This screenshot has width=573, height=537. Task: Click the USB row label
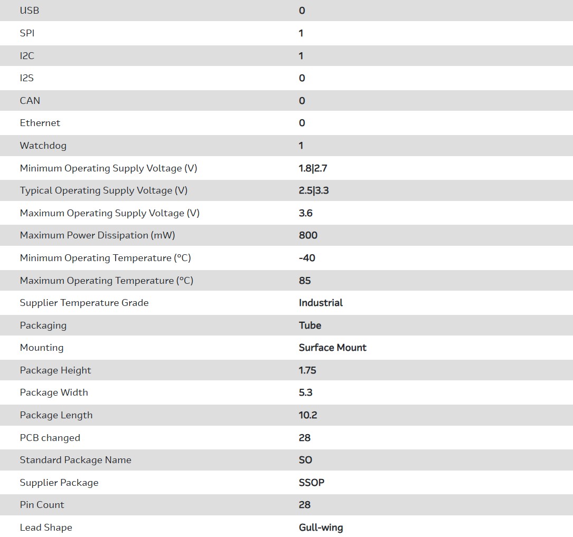pos(30,11)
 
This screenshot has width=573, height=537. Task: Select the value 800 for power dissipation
pos(308,235)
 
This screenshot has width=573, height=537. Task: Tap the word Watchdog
pos(43,146)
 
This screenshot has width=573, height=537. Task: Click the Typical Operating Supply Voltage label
pos(104,190)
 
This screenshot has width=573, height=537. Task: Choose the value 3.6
pos(306,213)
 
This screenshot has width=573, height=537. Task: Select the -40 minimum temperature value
pos(307,258)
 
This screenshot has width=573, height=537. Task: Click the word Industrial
pos(321,303)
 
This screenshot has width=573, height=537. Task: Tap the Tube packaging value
pos(310,325)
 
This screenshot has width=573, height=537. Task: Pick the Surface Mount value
pos(332,348)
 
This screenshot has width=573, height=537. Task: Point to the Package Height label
pos(55,370)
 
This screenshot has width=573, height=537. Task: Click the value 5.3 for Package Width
pos(306,392)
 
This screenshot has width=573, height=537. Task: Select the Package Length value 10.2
pos(308,415)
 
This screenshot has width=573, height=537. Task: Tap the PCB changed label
pos(50,438)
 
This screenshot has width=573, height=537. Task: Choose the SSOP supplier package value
pos(312,483)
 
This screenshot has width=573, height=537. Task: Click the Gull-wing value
pos(321,528)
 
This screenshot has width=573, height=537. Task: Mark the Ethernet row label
pos(40,123)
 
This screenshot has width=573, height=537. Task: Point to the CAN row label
pos(30,101)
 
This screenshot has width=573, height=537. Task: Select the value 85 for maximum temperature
pos(305,281)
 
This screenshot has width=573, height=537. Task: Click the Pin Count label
pos(42,505)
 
